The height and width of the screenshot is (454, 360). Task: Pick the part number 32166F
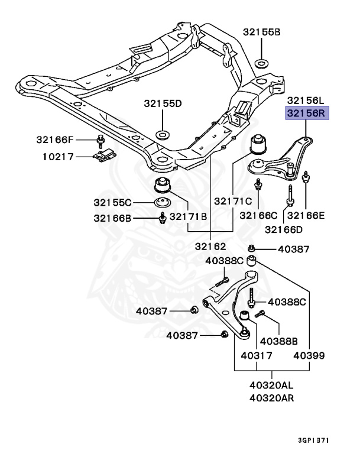pyautogui.click(x=54, y=140)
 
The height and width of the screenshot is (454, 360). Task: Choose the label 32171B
pyautogui.click(x=188, y=218)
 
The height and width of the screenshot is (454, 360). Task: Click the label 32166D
pyautogui.click(x=283, y=229)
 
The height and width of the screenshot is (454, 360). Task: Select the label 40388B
pyautogui.click(x=279, y=341)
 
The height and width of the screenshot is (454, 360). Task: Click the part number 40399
pyautogui.click(x=309, y=356)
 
